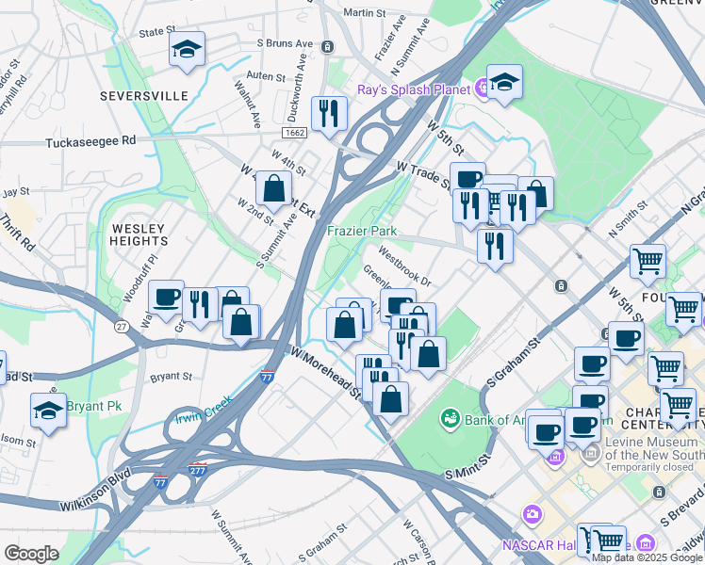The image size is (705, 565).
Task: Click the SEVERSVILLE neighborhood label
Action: pyautogui.click(x=146, y=96)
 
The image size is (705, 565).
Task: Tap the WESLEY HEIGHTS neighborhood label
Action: pyautogui.click(x=139, y=234)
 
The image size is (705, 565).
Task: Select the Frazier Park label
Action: pyautogui.click(x=362, y=231)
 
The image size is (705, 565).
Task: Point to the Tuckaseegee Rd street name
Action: pyautogui.click(x=90, y=140)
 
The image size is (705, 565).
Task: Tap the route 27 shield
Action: pyautogui.click(x=122, y=327)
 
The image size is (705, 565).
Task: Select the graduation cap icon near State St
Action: pyautogui.click(x=188, y=49)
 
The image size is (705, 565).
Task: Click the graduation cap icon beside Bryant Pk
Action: pyautogui.click(x=49, y=410)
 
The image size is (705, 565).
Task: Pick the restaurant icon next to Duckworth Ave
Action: pyautogui.click(x=329, y=114)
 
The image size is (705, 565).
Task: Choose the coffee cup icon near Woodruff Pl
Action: pyautogui.click(x=166, y=297)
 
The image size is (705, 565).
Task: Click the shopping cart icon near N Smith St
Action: pyautogui.click(x=648, y=261)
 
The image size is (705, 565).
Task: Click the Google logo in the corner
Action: pyautogui.click(x=31, y=553)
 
